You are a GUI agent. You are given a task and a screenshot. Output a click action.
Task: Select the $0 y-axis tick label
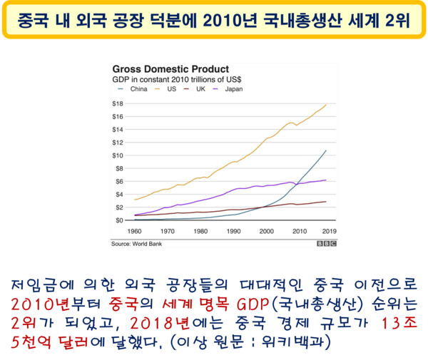coord(119,220)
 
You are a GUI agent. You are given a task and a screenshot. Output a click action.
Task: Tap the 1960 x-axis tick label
coord(134,232)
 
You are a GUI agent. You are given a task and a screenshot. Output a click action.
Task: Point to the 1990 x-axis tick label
coord(233,232)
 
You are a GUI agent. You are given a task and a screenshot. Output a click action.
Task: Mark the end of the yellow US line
coord(326,105)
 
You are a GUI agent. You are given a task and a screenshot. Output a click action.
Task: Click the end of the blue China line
coord(326,150)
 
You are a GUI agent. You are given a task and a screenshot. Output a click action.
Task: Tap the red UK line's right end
coord(326,202)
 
